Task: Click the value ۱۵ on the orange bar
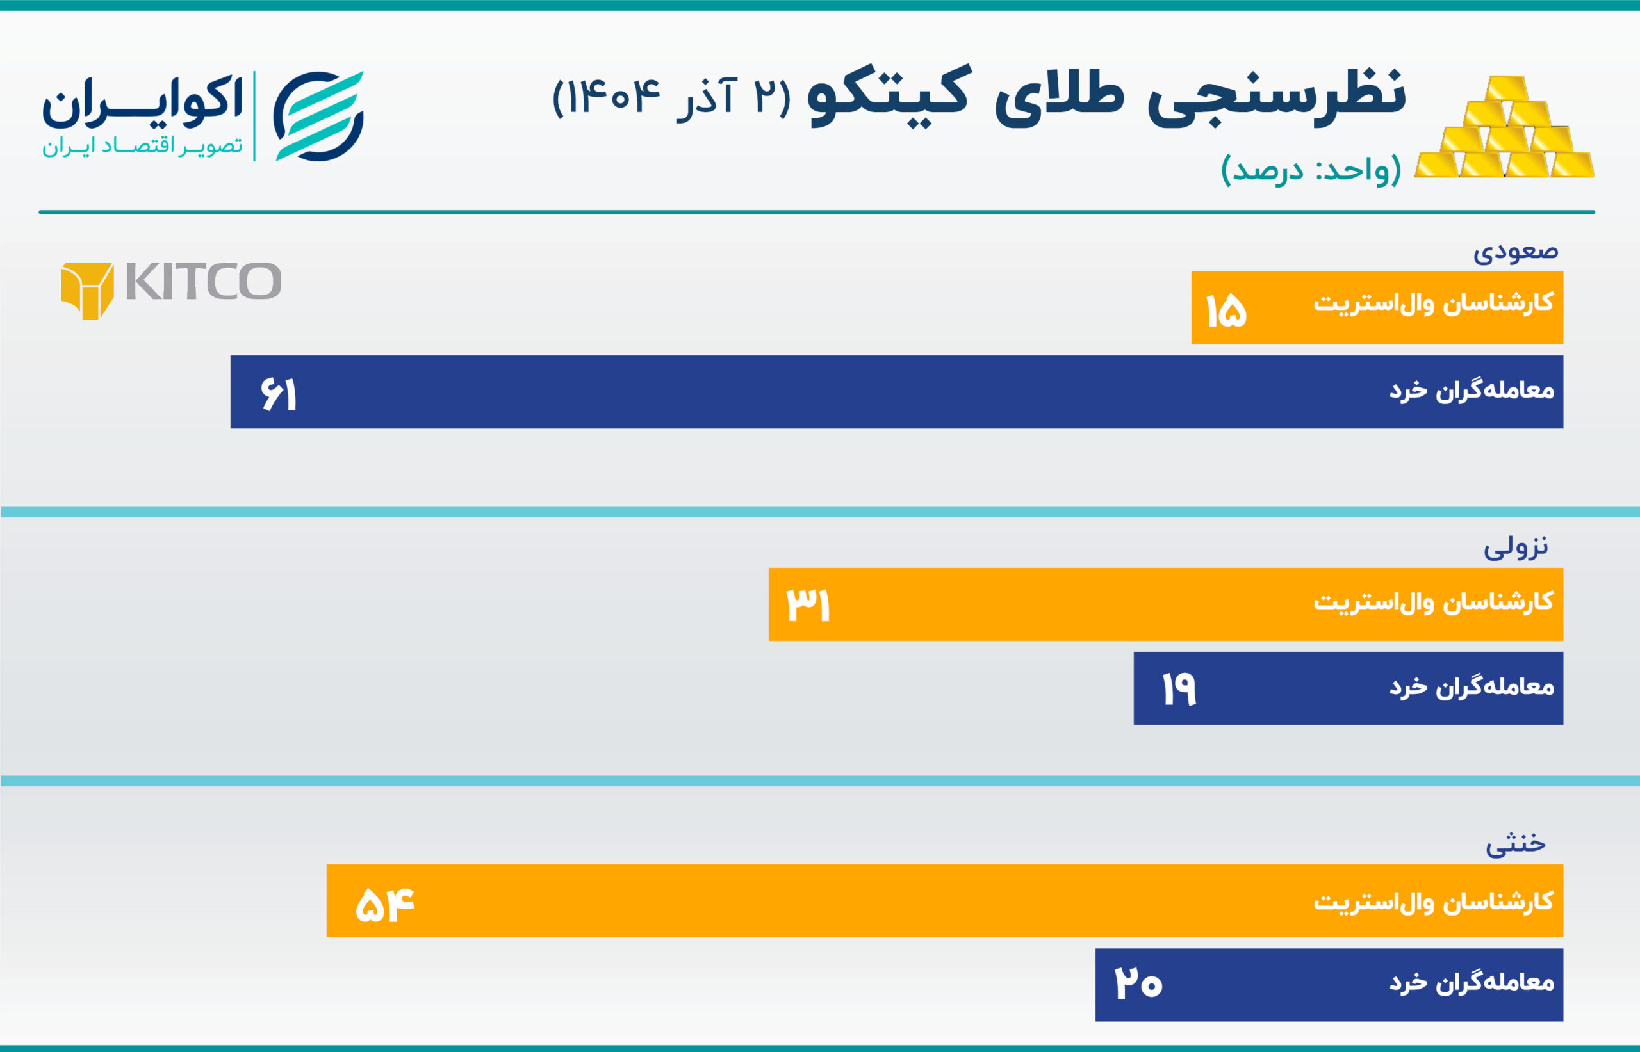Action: (x=1226, y=311)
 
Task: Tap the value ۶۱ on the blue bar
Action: (x=279, y=395)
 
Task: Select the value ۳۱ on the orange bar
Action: (x=808, y=604)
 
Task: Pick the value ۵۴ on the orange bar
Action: (x=385, y=905)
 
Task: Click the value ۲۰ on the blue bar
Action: (x=1138, y=983)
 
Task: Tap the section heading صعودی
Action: (x=1515, y=252)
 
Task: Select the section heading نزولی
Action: (x=1515, y=547)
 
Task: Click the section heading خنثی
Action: (x=1515, y=843)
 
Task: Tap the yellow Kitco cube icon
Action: (x=86, y=290)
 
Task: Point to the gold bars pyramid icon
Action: (x=1504, y=130)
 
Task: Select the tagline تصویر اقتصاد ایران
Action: (x=142, y=146)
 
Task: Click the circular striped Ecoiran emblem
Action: (x=318, y=116)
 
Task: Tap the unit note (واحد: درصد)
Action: (x=1311, y=169)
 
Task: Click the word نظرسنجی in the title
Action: (x=1275, y=98)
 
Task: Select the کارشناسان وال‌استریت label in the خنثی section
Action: (x=1433, y=902)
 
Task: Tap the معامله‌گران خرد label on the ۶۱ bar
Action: (x=1472, y=391)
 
